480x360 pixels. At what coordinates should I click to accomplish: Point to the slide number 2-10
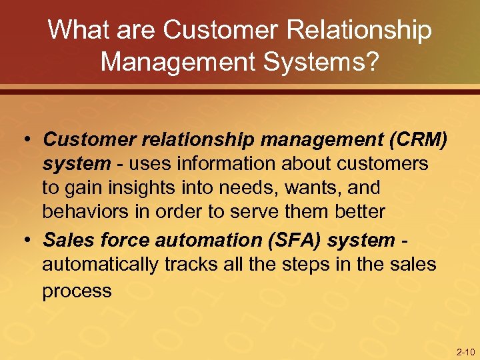(x=465, y=351)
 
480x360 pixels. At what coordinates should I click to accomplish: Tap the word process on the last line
(x=77, y=291)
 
